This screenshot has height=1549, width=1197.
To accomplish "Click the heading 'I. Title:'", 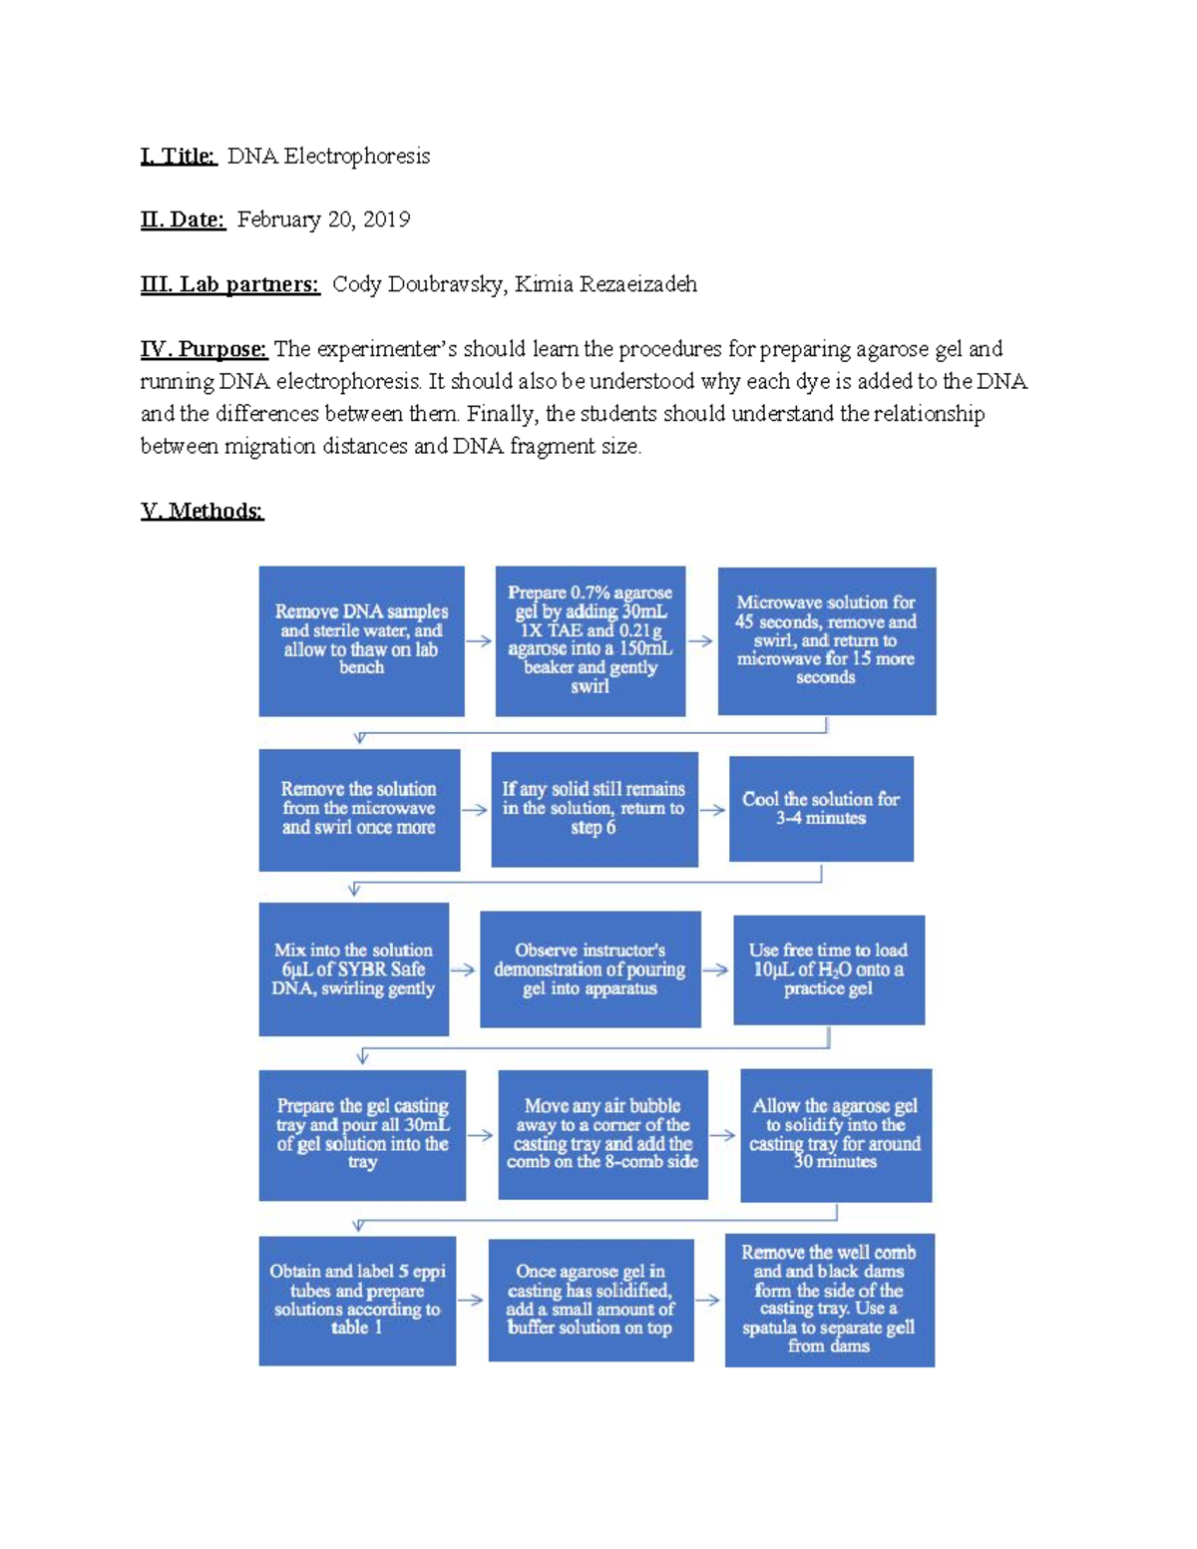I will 179,156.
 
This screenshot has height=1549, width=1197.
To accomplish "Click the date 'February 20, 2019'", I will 323,219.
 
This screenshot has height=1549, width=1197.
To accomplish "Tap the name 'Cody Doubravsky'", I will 417,284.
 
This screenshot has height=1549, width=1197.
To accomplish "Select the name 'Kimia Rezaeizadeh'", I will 605,284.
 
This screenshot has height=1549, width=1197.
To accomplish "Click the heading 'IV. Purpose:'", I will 203,349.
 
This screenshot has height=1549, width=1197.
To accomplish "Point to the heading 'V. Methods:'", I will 201,512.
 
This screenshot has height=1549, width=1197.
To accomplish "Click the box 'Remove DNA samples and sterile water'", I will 361,640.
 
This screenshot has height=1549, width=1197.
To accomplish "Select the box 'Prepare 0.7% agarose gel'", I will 590,640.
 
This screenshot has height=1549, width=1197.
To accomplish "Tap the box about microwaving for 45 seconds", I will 826,640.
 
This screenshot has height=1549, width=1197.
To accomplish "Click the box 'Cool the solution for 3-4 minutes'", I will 821,809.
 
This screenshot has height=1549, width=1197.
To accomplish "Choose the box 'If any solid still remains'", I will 594,809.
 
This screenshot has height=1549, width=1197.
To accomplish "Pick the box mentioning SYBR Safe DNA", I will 353,969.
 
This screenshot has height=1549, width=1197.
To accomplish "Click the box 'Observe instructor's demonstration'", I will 590,969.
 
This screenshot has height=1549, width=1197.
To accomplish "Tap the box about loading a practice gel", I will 828,969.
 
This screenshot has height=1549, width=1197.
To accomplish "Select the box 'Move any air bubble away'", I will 602,1134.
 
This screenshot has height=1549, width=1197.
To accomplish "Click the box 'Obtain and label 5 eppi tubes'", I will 357,1300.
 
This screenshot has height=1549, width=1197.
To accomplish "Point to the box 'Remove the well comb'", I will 829,1300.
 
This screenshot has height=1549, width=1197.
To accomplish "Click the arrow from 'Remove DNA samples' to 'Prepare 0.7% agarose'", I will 479,641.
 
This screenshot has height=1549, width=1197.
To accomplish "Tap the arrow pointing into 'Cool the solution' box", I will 712,810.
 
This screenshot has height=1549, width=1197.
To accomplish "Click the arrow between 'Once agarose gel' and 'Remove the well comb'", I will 708,1301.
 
